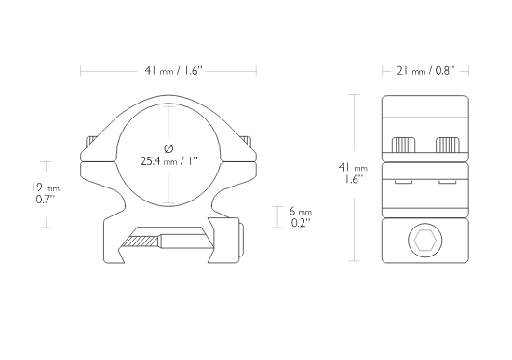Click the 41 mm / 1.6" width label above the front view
pos(174,70)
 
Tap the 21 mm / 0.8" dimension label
pos(425,70)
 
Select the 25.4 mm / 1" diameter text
pos(169,161)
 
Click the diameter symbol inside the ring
pos(168,148)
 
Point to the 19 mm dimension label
pos(46,187)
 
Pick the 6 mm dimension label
pos(301,212)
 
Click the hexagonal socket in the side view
pos(424,241)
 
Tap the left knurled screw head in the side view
pos(403,145)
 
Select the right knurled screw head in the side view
pos(448,145)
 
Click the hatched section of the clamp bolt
pos(141,242)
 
